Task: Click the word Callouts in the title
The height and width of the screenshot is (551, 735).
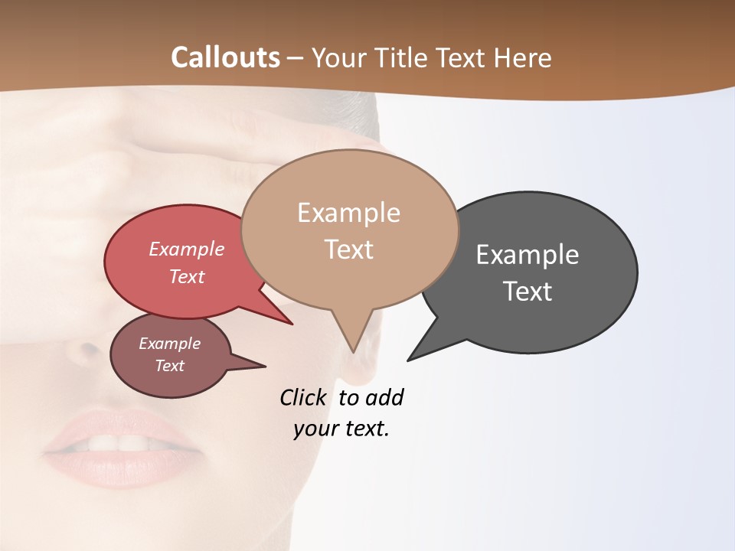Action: tap(225, 57)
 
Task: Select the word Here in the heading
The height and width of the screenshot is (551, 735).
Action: tap(521, 57)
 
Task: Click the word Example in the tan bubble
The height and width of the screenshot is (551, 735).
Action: tap(348, 213)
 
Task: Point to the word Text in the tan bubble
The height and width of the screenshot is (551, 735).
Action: tap(348, 249)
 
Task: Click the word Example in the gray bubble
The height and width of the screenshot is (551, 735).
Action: tap(528, 255)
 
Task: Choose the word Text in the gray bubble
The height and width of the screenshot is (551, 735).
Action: tap(528, 291)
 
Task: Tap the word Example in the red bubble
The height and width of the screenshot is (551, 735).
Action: tap(187, 249)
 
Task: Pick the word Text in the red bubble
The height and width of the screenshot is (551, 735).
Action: tap(187, 276)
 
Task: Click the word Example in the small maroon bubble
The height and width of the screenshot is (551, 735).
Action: tap(169, 344)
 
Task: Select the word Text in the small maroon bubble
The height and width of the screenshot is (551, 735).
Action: tap(169, 366)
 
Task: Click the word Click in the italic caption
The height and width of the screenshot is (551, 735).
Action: tap(304, 398)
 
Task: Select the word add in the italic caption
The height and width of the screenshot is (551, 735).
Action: tap(384, 398)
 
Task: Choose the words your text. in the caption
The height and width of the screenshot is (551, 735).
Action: tap(341, 429)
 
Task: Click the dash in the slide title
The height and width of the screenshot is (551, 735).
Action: tap(296, 58)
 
